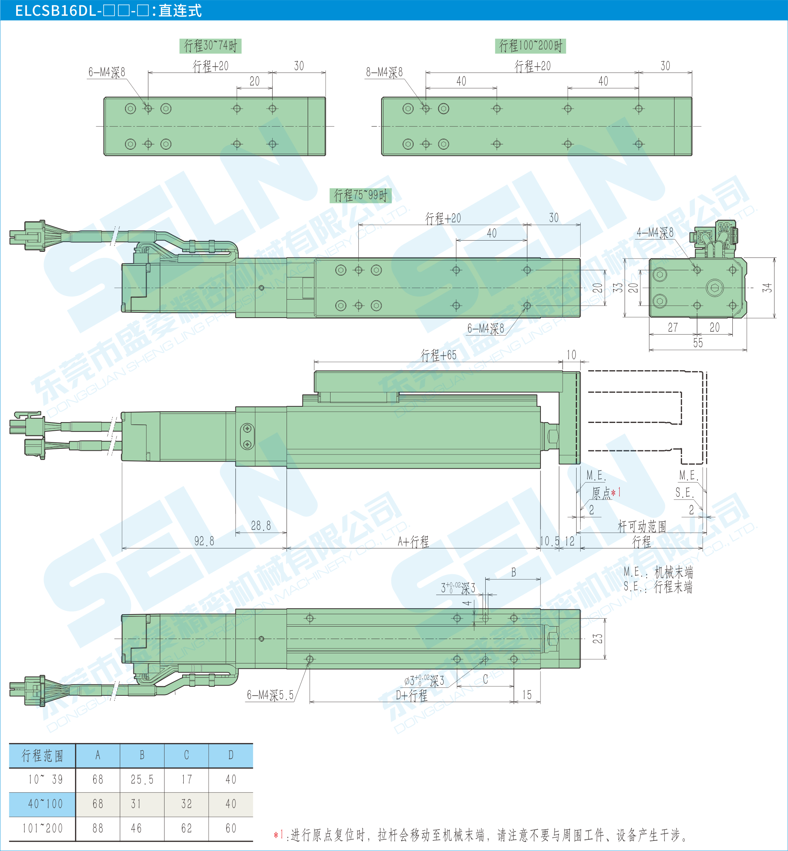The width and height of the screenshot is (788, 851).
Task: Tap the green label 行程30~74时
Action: click(210, 45)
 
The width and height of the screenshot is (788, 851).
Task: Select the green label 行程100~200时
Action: click(530, 45)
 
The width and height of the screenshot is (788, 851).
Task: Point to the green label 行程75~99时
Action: click(360, 195)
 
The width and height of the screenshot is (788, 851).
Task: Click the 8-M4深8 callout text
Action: click(384, 72)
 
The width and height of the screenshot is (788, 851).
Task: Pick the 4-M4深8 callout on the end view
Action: click(655, 233)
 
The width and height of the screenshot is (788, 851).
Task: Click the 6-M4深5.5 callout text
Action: click(270, 695)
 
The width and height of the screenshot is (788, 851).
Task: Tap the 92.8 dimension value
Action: click(204, 541)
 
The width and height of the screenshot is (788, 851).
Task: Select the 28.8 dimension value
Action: click(261, 525)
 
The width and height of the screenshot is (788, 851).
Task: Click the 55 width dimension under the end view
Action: click(698, 343)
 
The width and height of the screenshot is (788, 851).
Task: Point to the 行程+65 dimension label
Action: click(438, 355)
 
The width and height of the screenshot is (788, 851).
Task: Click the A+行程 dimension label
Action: click(413, 542)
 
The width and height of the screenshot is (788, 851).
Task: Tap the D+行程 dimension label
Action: click(412, 696)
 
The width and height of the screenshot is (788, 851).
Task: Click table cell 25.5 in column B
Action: click(142, 780)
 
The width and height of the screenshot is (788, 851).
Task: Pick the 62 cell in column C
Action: click(186, 828)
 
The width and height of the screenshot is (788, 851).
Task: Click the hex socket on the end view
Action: click(715, 288)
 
